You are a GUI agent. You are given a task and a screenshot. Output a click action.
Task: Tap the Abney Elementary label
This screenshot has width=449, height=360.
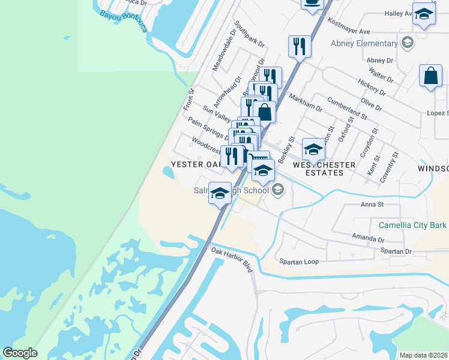pos(364,43)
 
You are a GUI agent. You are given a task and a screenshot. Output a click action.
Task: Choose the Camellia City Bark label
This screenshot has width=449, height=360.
pos(412,225)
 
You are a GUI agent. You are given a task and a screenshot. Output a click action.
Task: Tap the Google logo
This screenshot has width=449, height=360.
pos(20,353)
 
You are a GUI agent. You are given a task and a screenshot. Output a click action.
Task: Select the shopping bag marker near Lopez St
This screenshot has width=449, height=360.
pos(430,76)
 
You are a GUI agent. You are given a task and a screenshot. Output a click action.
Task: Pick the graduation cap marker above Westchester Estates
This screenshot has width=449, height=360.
pos(313,149)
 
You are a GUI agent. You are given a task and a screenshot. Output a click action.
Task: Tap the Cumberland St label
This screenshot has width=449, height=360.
pos(347,106)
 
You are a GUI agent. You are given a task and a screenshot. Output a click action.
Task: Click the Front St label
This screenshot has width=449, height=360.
pos(189,100)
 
